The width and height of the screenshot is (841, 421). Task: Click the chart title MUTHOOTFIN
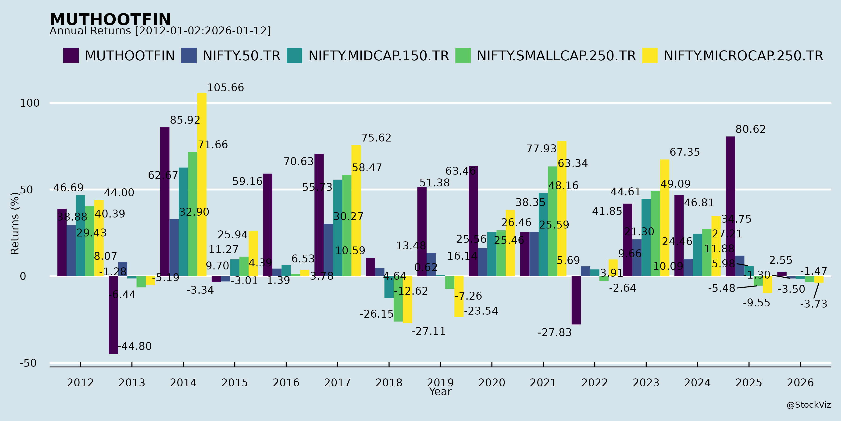(x=110, y=20)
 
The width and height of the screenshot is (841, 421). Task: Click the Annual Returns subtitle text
(x=160, y=31)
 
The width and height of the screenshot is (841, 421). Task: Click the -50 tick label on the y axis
(x=28, y=363)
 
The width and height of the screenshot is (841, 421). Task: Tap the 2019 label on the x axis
(x=440, y=382)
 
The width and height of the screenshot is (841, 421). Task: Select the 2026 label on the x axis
(x=800, y=382)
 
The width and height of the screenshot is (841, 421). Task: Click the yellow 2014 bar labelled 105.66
(x=202, y=185)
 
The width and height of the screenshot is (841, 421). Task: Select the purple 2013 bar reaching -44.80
(x=113, y=315)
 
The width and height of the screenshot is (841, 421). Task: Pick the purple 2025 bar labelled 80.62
(x=730, y=206)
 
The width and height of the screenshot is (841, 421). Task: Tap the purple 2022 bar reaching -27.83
(x=576, y=300)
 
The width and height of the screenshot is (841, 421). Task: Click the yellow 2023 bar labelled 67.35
(x=664, y=218)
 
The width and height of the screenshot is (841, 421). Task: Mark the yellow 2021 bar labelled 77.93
(x=562, y=209)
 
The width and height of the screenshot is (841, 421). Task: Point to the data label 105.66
(x=225, y=88)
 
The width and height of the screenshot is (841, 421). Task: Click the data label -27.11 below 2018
(x=428, y=331)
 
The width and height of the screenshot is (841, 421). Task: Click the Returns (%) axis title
(x=15, y=223)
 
